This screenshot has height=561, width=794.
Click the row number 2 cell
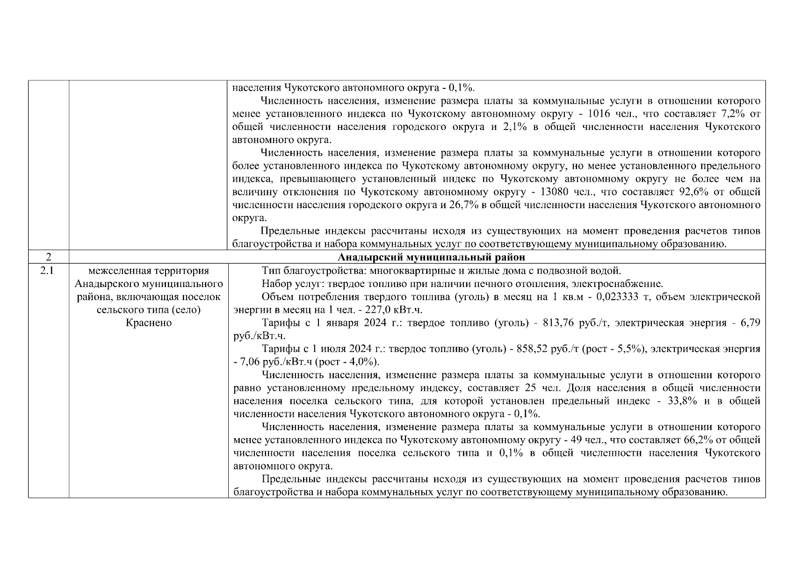coord(49,257)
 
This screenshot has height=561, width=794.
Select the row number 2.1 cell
coord(49,271)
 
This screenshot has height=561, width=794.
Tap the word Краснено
coord(149,323)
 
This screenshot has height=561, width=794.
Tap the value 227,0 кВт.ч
coord(396,310)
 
